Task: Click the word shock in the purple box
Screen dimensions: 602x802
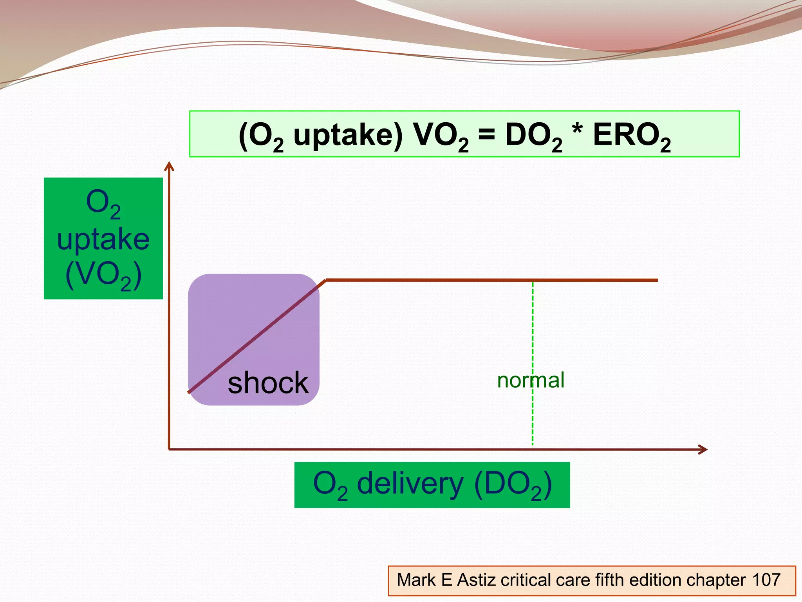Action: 268,383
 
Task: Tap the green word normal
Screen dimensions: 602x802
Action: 531,380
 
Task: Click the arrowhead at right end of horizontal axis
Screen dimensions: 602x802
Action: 704,450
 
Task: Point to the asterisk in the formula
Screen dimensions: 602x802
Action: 577,129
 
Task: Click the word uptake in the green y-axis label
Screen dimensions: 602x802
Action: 103,239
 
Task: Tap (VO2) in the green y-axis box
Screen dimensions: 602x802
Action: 103,275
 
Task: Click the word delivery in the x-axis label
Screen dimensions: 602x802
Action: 410,484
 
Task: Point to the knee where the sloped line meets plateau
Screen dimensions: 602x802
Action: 325,280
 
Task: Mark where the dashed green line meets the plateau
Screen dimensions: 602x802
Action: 533,280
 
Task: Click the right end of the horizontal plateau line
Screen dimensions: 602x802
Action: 656,280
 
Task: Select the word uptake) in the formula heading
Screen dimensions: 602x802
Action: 348,135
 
